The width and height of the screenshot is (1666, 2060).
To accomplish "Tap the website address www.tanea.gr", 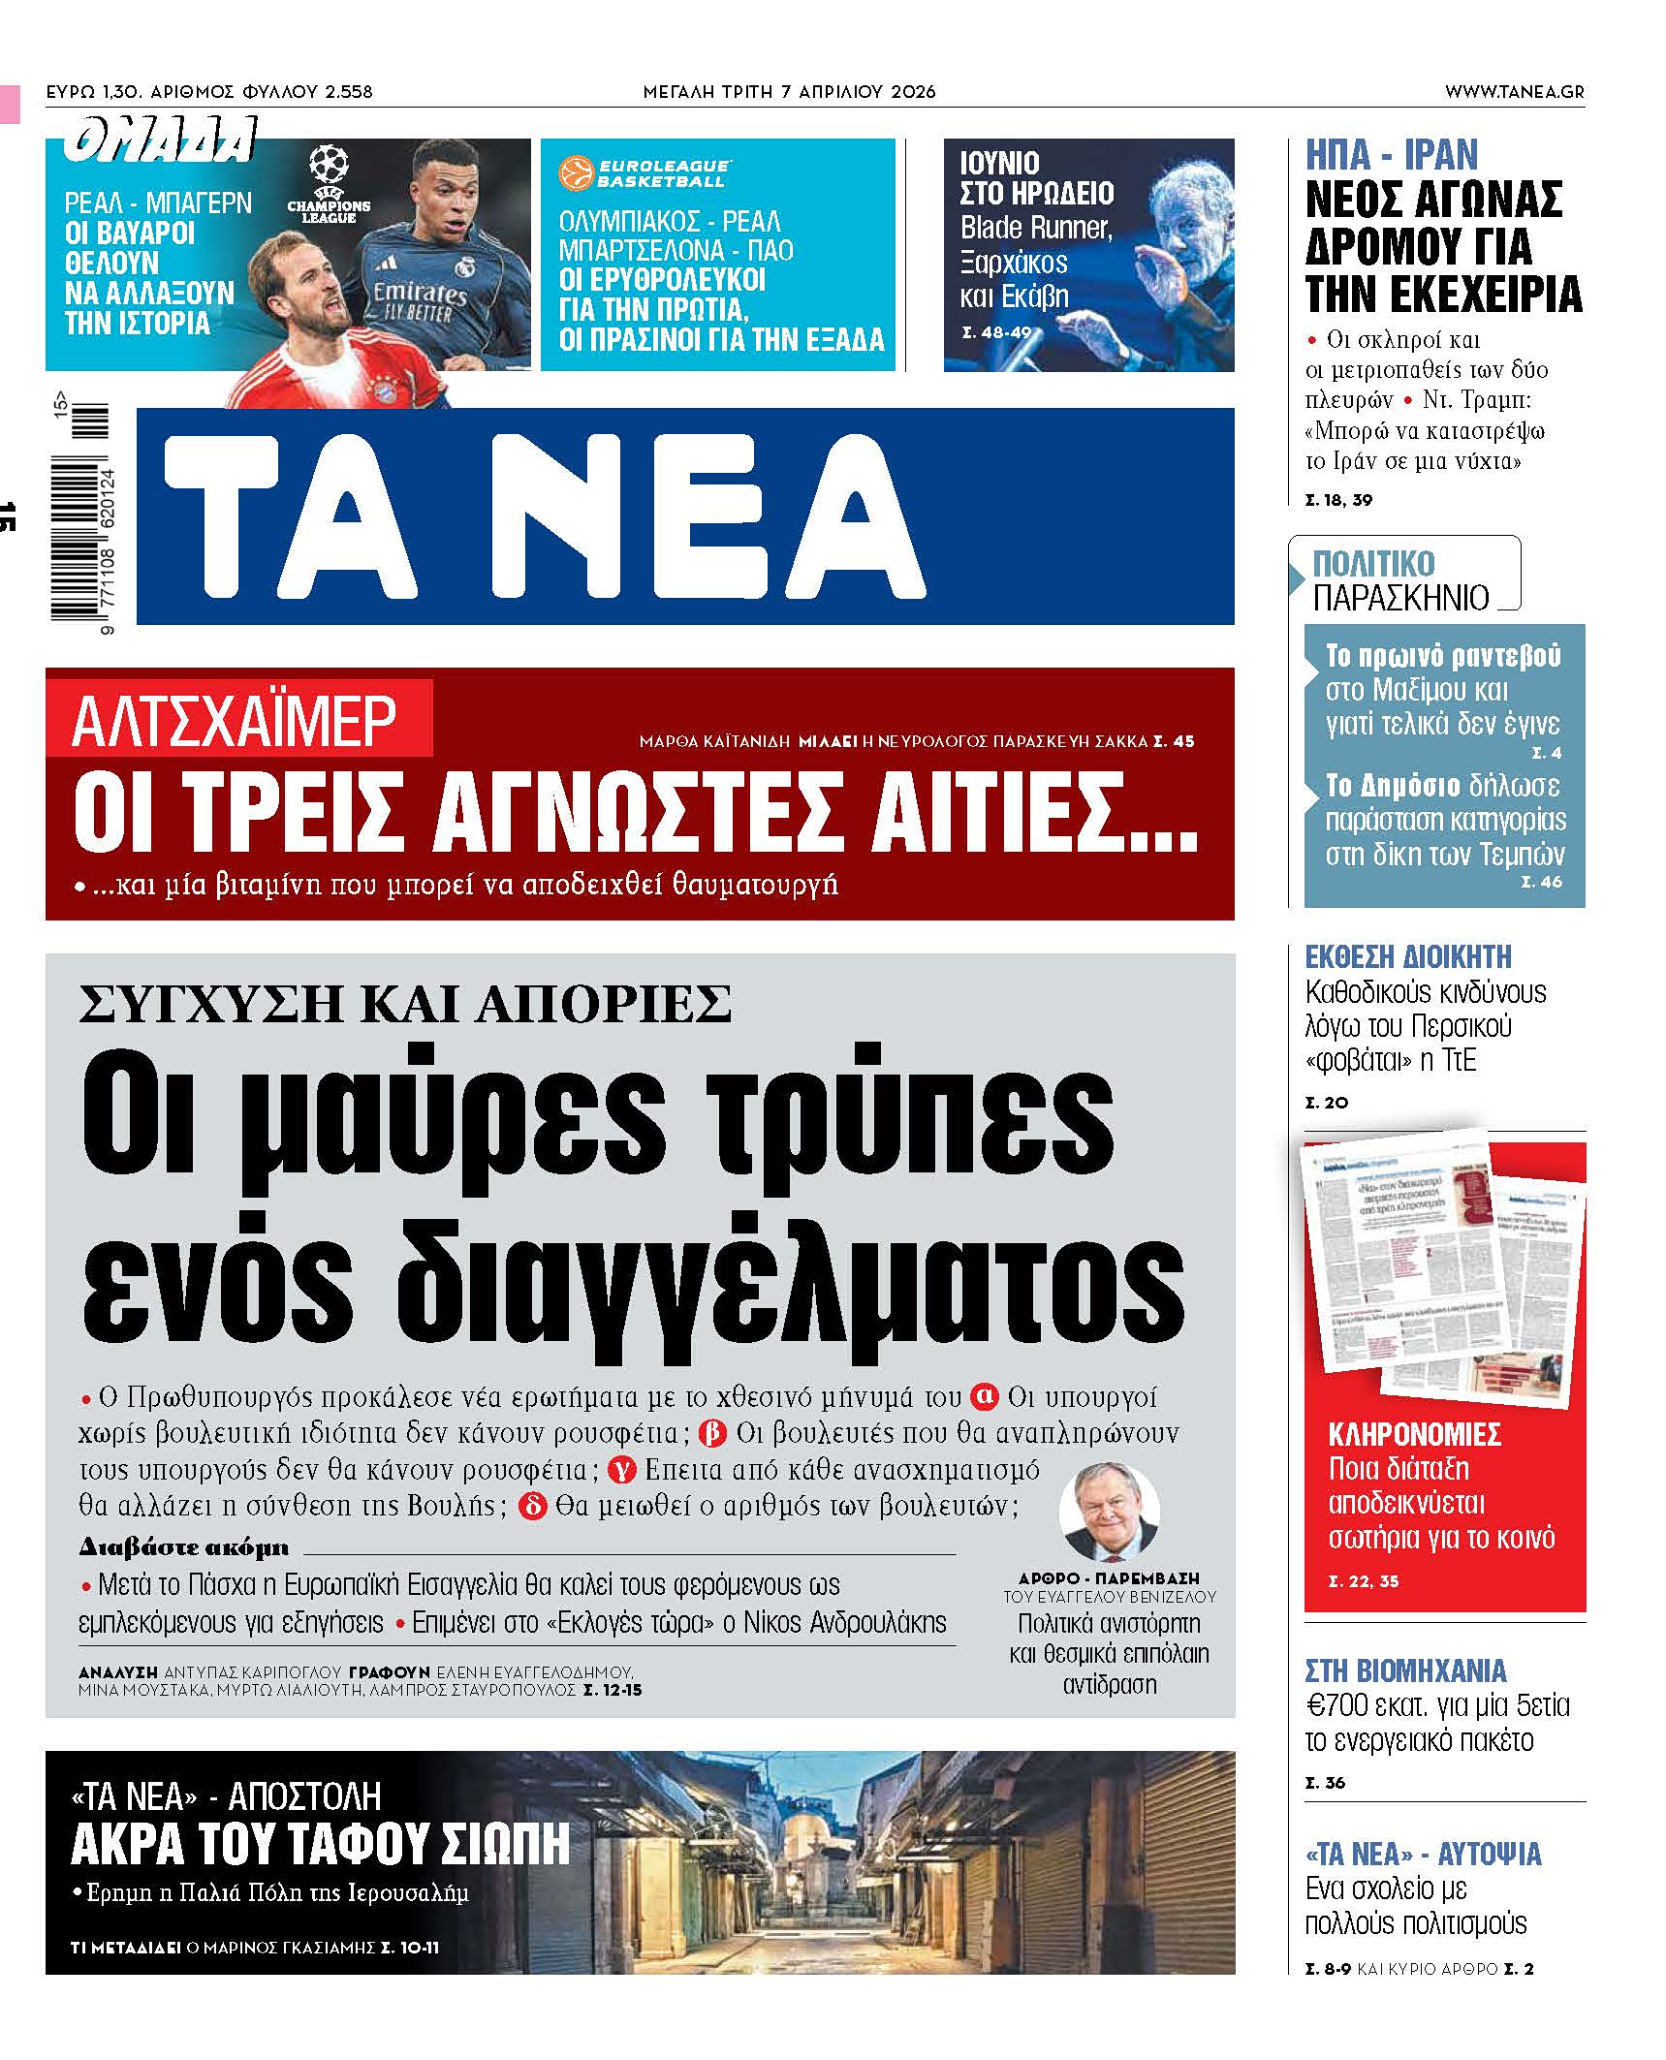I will pyautogui.click(x=1514, y=92).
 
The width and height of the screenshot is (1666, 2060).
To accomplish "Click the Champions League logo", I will pyautogui.click(x=329, y=184).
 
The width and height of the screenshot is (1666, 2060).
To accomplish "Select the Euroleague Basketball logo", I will pyautogui.click(x=643, y=173).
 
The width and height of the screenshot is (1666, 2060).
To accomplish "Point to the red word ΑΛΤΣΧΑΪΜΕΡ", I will pyautogui.click(x=235, y=720).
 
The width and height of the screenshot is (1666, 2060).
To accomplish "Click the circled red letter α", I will pyautogui.click(x=984, y=1396).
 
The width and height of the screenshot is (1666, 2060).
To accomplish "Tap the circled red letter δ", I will pyautogui.click(x=532, y=1507).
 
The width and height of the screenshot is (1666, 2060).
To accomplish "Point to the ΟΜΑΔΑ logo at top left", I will pyautogui.click(x=161, y=140).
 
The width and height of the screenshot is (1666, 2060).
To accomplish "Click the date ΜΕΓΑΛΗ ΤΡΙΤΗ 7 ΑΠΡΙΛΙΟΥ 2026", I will pyautogui.click(x=789, y=92).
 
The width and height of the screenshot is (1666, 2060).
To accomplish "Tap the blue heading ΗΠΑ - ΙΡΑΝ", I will pyautogui.click(x=1392, y=155).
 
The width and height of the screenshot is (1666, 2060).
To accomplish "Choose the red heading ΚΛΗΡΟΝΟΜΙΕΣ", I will pyautogui.click(x=1414, y=1434).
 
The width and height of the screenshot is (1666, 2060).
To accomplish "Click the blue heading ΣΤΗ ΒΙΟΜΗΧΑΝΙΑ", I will pyautogui.click(x=1405, y=1671).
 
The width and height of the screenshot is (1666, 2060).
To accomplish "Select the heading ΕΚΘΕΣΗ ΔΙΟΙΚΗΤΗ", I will pyautogui.click(x=1407, y=957).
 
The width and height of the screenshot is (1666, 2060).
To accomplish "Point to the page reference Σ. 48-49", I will pyautogui.click(x=996, y=332).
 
